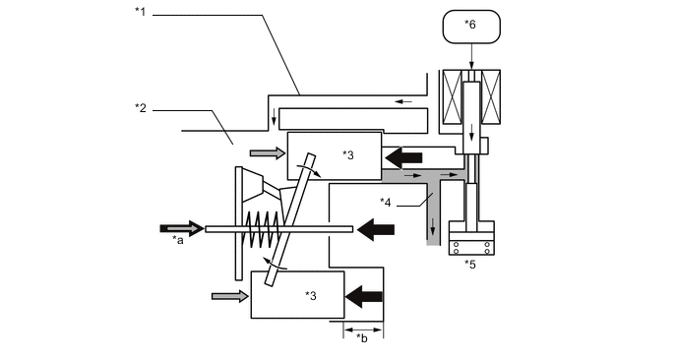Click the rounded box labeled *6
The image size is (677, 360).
(471, 27)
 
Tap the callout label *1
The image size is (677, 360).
(140, 12)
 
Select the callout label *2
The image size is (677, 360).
(141, 108)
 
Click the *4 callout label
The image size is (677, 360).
(386, 202)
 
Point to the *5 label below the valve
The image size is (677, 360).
(469, 265)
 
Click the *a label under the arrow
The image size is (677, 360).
(178, 240)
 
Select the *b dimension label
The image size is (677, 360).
(362, 338)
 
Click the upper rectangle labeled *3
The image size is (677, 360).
(335, 155)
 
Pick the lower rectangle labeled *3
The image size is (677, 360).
(298, 295)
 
